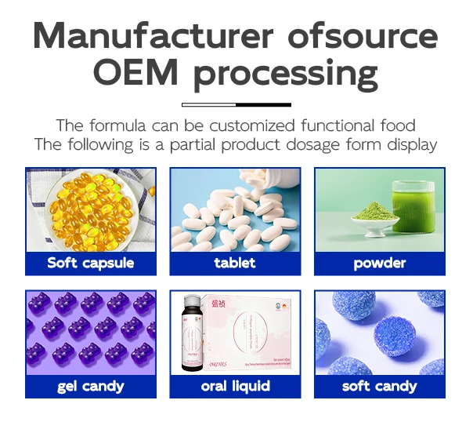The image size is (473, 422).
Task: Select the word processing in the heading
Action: pyautogui.click(x=286, y=75)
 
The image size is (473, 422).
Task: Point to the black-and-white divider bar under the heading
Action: pyautogui.click(x=236, y=104)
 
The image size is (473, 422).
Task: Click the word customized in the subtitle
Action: pyautogui.click(x=258, y=126)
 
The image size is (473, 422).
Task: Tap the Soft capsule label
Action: pyautogui.click(x=90, y=263)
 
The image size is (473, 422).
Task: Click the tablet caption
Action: pyautogui.click(x=235, y=263)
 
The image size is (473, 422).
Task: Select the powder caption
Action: pyautogui.click(x=380, y=263)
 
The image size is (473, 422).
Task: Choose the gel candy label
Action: pyautogui.click(x=90, y=386)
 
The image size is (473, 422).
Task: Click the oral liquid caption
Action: pyautogui.click(x=235, y=386)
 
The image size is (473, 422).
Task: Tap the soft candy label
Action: pyautogui.click(x=380, y=386)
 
